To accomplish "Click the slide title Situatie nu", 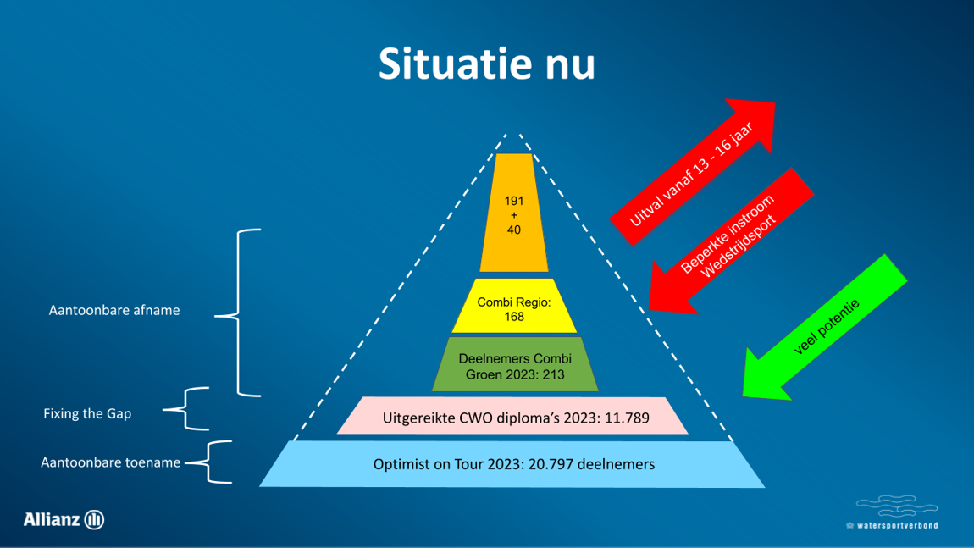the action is pos(486,64).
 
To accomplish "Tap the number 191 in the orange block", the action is pos(514,201).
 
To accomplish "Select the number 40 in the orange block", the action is pos(514,230).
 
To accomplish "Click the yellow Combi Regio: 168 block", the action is pos(514,306).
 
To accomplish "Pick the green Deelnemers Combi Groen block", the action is pos(515,365).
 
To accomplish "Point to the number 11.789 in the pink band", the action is pos(627,418).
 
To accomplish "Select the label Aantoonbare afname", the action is pos(114,310).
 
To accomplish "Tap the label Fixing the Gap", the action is pos(87,414).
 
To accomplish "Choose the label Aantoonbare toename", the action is pos(111,462).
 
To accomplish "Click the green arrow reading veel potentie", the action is pos(825,328).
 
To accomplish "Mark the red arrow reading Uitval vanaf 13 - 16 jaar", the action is pos(693,172).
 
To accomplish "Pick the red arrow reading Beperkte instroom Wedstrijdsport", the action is pos(731,241).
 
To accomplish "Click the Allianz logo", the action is pos(64,519).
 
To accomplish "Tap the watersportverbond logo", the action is pos(893,512).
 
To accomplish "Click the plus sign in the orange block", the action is pos(514,215).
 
